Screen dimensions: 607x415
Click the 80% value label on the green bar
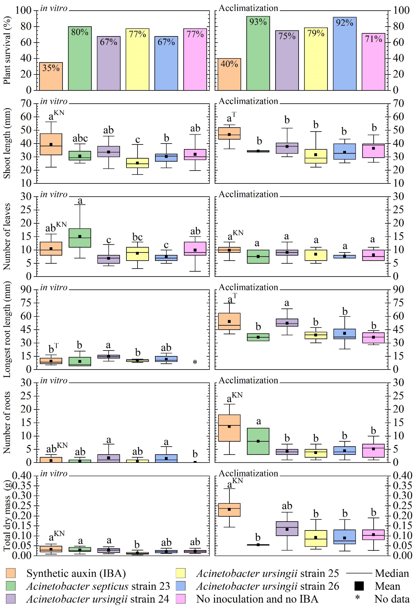[80, 32]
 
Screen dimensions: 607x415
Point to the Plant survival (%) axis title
[7, 50]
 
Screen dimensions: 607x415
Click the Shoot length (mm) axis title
[7, 143]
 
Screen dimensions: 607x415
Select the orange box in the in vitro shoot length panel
[51, 144]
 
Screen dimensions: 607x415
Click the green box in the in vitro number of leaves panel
[80, 238]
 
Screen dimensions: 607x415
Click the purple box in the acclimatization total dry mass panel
[287, 528]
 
